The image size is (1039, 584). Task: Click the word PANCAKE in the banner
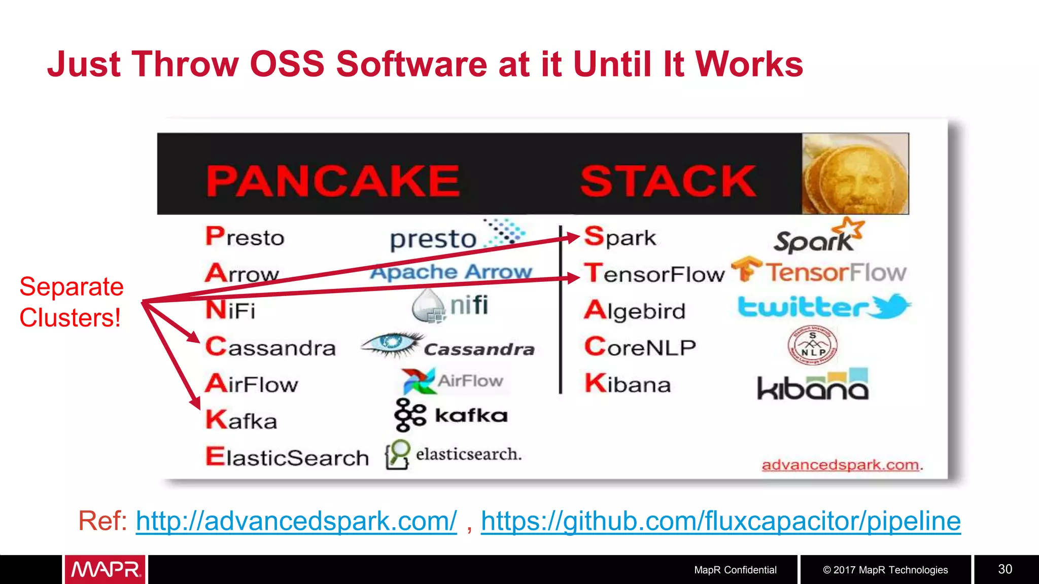coord(333,181)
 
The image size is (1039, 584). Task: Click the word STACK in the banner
coord(668,181)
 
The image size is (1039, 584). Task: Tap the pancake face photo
coord(855,174)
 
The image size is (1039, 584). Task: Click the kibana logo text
coord(812,386)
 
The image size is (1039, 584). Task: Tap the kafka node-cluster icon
coord(409,415)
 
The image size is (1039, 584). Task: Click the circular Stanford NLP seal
coord(812,345)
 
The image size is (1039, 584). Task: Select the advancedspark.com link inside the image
coord(840,465)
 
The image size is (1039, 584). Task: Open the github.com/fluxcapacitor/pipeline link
coord(720,521)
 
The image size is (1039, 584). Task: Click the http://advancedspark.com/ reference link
coord(296,521)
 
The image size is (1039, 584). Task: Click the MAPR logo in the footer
coord(105,570)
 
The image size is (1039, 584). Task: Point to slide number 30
coord(1005,569)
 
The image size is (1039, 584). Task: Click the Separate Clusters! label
coord(71,302)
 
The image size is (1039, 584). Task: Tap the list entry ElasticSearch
coord(287,457)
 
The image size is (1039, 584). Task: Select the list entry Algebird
coord(635,310)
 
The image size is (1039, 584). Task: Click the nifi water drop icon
coord(427,306)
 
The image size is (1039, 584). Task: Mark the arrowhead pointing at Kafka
coord(195,403)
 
